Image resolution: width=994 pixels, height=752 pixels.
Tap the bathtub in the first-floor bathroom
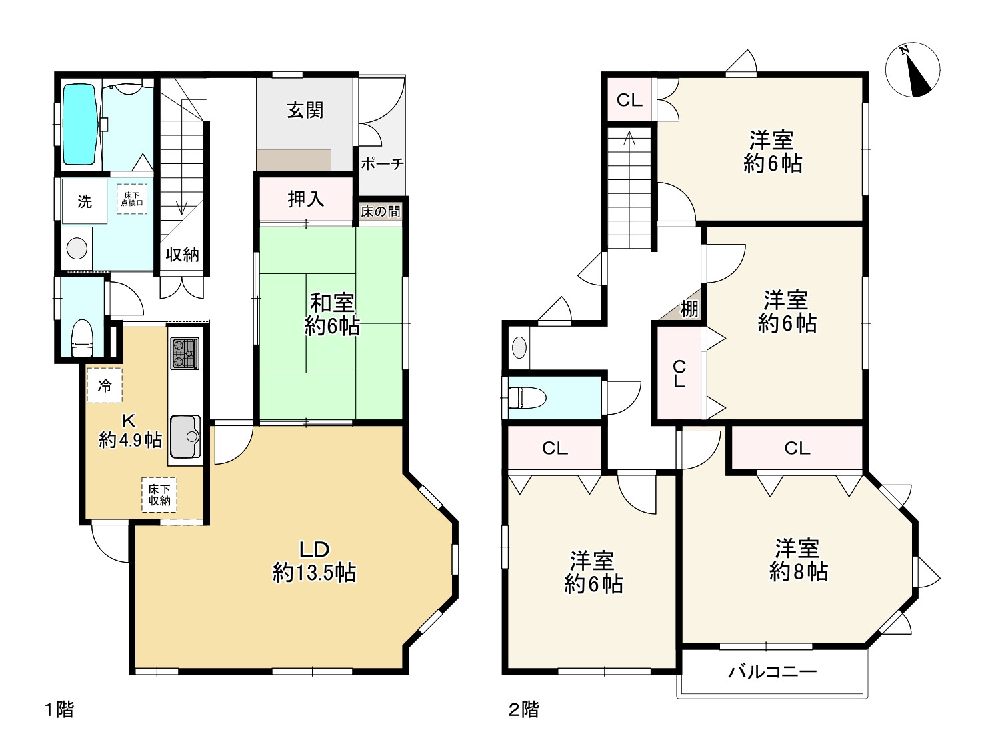79,124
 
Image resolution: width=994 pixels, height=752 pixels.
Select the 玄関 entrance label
305,110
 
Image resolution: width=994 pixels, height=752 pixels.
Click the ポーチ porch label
382,163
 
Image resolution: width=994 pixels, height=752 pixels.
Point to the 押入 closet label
306,199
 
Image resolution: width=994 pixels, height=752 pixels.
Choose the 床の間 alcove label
381,211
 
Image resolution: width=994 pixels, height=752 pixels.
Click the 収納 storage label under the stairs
182,255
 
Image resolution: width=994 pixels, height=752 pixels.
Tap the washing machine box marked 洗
84,201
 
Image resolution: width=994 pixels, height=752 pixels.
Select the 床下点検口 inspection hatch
132,199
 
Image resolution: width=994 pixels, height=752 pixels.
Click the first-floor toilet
82,338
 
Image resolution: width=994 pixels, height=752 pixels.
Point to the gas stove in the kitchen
184,353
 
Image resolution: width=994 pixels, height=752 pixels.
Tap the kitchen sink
185,437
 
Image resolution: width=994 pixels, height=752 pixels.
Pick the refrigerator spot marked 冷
105,385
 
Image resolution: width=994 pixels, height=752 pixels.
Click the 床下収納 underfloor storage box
159,495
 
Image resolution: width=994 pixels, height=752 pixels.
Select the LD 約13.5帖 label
314,561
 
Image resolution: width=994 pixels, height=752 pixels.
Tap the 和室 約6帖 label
331,314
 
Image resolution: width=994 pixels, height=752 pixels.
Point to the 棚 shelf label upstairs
689,309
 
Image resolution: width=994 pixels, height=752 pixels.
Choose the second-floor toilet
527,398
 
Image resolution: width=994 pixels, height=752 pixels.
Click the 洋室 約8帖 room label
799,560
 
